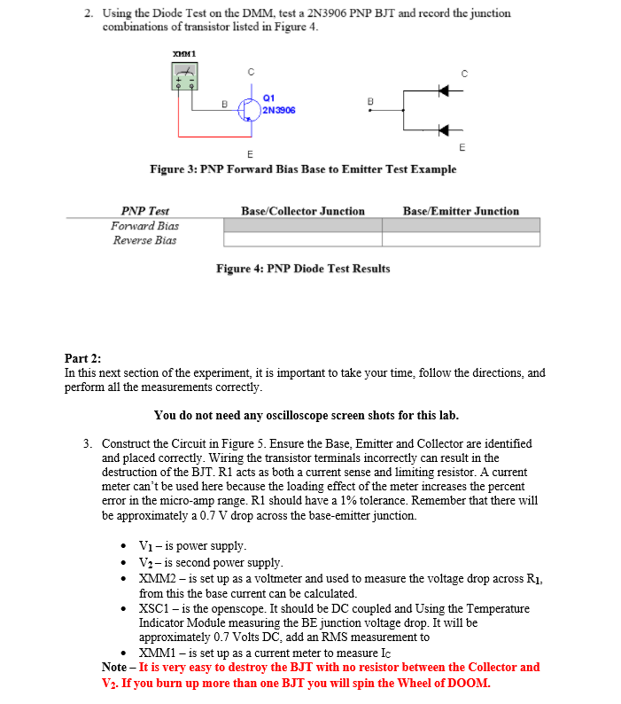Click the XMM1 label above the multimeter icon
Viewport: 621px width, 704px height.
click(x=185, y=55)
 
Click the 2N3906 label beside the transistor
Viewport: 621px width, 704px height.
click(x=278, y=111)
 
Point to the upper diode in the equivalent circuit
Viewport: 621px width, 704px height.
click(x=444, y=90)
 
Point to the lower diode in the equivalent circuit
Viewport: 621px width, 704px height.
click(x=444, y=129)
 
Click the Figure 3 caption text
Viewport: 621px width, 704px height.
click(x=303, y=168)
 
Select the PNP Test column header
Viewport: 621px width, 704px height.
click(x=144, y=211)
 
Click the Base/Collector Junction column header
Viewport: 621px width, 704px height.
click(x=302, y=211)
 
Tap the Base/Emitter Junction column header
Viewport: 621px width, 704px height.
click(x=461, y=211)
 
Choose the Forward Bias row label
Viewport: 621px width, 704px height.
click(x=144, y=225)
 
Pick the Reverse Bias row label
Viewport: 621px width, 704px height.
click(x=144, y=239)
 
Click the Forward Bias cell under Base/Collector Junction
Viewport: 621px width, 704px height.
click(x=302, y=225)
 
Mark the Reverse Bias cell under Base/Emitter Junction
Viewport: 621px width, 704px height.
click(x=461, y=239)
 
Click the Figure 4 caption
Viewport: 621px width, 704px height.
click(x=303, y=268)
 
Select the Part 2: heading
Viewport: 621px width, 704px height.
click(x=83, y=358)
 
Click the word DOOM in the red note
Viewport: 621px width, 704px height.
click(x=468, y=683)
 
